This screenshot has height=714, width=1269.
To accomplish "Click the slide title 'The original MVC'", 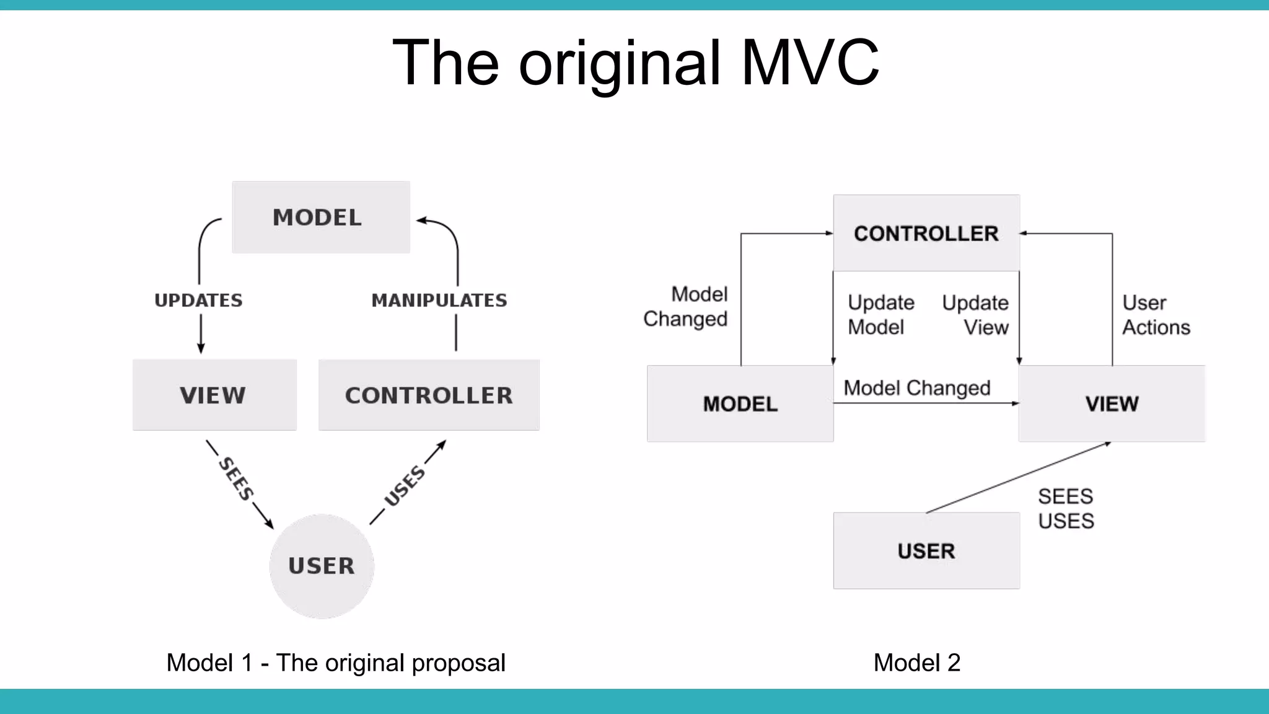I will (x=635, y=63).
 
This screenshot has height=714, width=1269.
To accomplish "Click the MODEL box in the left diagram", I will (x=320, y=218).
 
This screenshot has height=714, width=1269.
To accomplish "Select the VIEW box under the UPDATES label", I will (x=214, y=395).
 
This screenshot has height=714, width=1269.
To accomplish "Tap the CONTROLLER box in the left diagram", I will (x=429, y=395).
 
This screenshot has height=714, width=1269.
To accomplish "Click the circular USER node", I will (x=322, y=566).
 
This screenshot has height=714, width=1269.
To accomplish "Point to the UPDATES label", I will (x=198, y=301).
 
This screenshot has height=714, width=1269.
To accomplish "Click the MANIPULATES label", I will (x=439, y=301).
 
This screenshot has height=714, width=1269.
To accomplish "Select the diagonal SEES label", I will (x=236, y=478).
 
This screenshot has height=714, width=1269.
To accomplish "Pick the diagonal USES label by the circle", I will (x=405, y=485).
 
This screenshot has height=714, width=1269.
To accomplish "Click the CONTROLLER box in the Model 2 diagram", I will (x=926, y=234).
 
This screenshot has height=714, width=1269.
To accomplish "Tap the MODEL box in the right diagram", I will (x=740, y=404).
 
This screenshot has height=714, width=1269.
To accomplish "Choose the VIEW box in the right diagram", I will (x=1112, y=404).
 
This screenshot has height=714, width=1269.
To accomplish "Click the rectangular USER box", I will (x=926, y=551).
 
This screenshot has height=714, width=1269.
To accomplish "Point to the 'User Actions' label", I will (x=1156, y=315).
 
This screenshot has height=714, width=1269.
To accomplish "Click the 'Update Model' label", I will (x=880, y=315).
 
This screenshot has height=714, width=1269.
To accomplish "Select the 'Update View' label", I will (x=976, y=315).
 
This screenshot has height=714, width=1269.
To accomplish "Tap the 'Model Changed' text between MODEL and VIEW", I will (x=917, y=388).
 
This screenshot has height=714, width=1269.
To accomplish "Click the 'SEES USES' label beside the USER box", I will (x=1066, y=509).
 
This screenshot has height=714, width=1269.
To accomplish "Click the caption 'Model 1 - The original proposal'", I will (x=336, y=663).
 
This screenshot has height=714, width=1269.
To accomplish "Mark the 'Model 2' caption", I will (x=916, y=663).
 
